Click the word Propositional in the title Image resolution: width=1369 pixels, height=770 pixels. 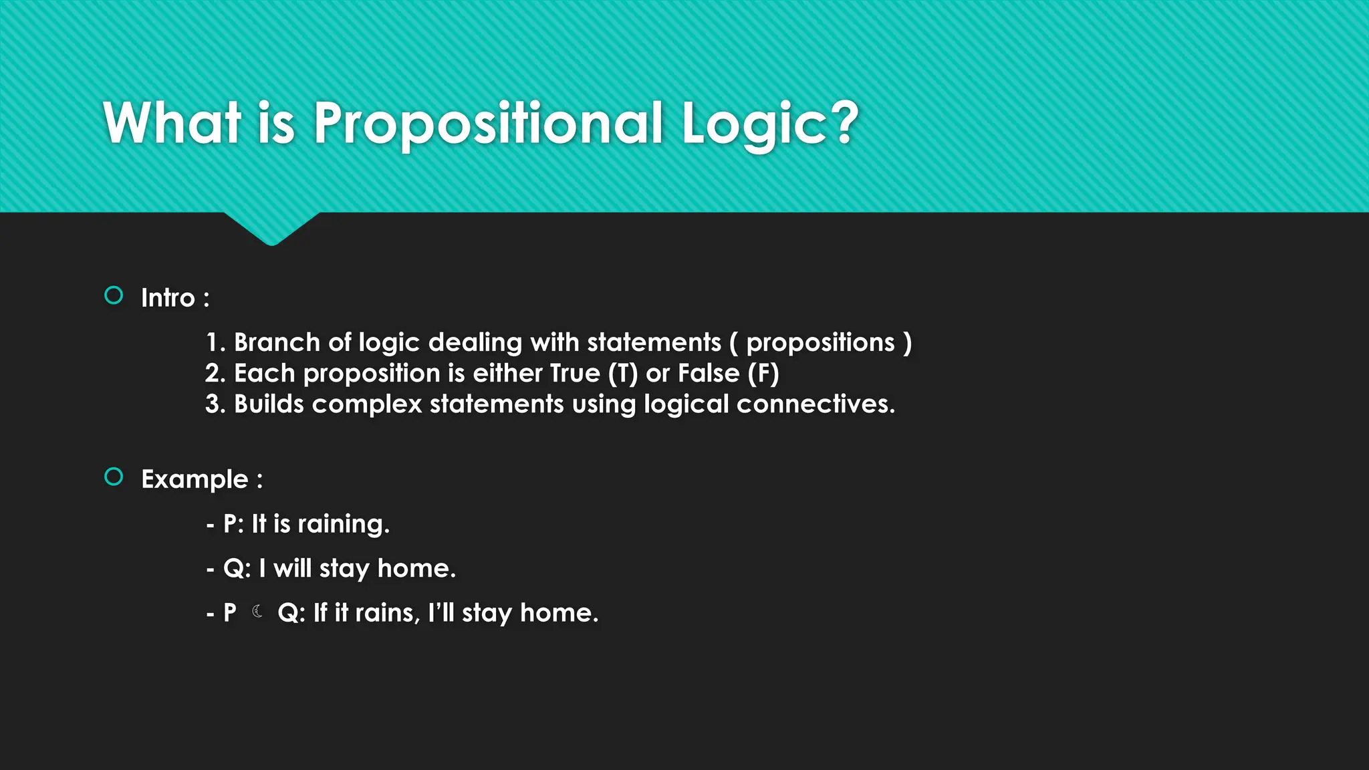point(488,124)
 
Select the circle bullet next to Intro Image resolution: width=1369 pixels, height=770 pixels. point(114,295)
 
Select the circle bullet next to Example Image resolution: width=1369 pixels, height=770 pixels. point(114,477)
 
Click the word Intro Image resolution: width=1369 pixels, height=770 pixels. point(168,298)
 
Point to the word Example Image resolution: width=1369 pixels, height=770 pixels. point(195,479)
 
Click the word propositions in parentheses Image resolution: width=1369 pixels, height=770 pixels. point(820,343)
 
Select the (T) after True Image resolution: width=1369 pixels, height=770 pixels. point(623,374)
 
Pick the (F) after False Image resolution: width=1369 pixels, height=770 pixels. point(763,374)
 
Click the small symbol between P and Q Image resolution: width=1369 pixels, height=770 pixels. point(257,611)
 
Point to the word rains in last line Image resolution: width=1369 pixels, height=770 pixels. point(387,613)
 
